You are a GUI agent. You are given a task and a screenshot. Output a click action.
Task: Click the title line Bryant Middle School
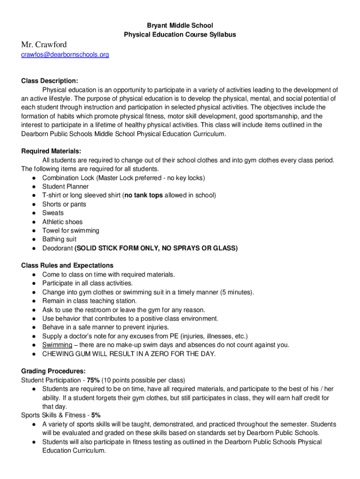tap(180, 25)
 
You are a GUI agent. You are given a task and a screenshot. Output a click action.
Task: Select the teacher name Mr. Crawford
tap(44, 44)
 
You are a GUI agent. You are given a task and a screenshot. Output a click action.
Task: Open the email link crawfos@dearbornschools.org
tap(65, 55)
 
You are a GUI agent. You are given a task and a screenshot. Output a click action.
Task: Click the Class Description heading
tap(50, 81)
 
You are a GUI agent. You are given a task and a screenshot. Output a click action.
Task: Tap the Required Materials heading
tap(51, 151)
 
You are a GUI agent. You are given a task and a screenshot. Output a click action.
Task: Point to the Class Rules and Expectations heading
tap(67, 266)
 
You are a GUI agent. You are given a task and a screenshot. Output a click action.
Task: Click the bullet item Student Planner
tap(65, 187)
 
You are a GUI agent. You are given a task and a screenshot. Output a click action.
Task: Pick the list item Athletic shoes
tap(62, 222)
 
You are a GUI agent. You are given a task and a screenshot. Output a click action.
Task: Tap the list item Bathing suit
tap(59, 239)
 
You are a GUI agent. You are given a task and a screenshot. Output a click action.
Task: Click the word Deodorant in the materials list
tap(58, 248)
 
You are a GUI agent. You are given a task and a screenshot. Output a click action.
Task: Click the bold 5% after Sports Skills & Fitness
tap(96, 415)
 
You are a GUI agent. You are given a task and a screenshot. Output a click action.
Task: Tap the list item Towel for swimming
tap(71, 231)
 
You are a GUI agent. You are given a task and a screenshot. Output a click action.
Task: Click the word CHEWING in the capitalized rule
tap(58, 354)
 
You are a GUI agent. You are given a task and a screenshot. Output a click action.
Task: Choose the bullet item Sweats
tap(53, 213)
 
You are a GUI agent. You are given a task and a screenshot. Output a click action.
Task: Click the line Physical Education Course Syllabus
tap(180, 35)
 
